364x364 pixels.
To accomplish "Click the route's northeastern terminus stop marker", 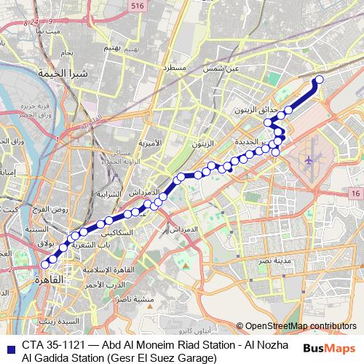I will pos(319,79).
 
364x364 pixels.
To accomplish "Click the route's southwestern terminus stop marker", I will pos(45,264).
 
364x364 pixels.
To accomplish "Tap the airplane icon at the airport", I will pos(309,159).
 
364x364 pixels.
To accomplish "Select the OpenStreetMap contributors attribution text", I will pos(301,326).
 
